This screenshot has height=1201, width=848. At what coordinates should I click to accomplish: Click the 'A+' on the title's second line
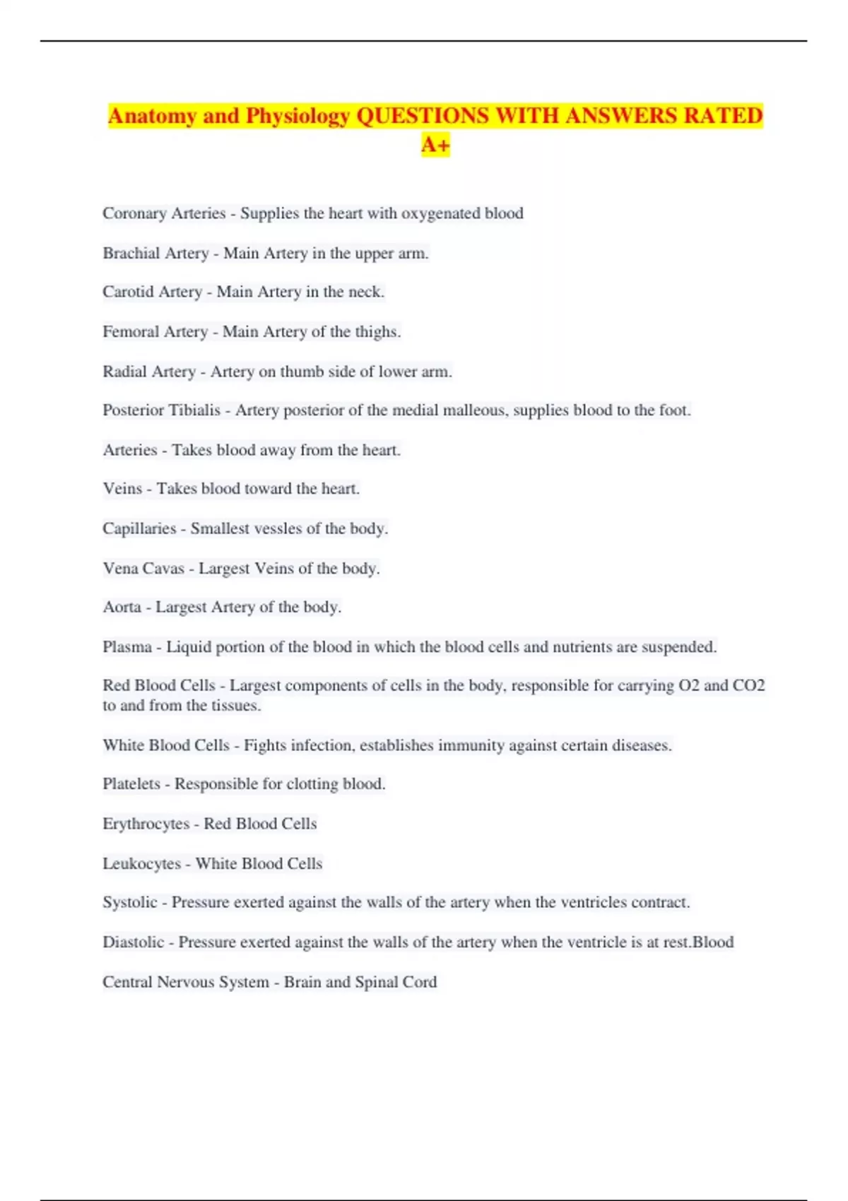[435, 145]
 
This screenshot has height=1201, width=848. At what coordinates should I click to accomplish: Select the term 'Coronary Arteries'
[164, 213]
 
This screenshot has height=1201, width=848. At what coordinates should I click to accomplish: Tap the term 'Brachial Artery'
[155, 253]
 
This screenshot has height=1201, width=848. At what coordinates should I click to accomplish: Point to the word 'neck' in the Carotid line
[365, 292]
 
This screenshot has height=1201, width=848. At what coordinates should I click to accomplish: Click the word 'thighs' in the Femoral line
[377, 331]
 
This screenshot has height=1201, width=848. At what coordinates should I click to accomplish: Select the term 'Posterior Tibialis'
[162, 410]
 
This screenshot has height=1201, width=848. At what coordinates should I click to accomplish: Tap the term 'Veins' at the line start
[122, 489]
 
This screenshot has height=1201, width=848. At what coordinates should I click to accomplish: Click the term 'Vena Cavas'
[143, 568]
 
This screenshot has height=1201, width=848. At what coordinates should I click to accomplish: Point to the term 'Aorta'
[122, 607]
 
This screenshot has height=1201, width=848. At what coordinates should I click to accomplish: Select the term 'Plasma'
[127, 646]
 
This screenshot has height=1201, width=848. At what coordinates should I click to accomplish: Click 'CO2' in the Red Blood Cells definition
[749, 685]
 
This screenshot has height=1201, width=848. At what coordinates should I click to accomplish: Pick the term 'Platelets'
[131, 784]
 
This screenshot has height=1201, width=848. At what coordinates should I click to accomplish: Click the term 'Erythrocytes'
[146, 824]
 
